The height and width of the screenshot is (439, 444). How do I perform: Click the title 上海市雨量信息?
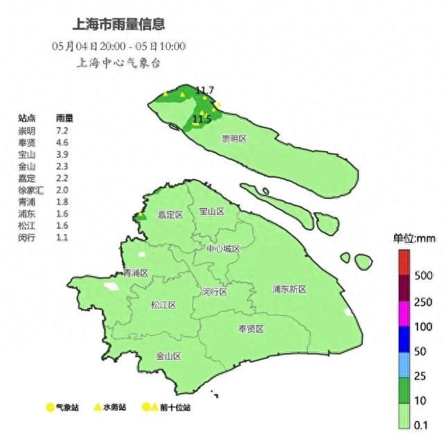click(119, 24)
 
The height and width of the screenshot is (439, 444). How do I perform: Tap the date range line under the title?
click(119, 46)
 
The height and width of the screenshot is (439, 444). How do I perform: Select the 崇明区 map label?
click(234, 139)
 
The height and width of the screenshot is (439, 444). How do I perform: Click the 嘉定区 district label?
click(169, 215)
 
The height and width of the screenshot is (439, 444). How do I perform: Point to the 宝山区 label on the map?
click(211, 211)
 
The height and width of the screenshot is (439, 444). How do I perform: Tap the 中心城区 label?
click(223, 248)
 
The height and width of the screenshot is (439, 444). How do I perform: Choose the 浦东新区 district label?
click(289, 289)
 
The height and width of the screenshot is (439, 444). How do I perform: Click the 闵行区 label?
click(215, 291)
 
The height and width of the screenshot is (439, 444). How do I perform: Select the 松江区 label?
click(164, 304)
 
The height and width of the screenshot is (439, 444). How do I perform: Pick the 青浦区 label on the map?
click(135, 273)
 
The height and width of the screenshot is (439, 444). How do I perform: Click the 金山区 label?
click(169, 356)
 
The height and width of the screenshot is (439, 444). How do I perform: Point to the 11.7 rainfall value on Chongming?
click(205, 90)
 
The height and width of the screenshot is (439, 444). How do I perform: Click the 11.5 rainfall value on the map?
click(201, 119)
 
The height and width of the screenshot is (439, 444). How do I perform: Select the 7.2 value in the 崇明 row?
click(61, 130)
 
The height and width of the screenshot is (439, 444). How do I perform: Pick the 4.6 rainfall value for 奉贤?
click(61, 142)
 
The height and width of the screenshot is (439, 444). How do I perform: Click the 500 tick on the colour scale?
click(423, 275)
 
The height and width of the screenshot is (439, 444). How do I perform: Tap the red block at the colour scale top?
click(405, 262)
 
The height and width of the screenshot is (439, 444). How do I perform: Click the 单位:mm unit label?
click(414, 239)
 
